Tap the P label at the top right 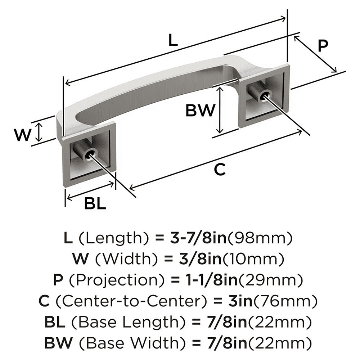323,46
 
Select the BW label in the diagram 200,111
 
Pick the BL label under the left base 95,204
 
